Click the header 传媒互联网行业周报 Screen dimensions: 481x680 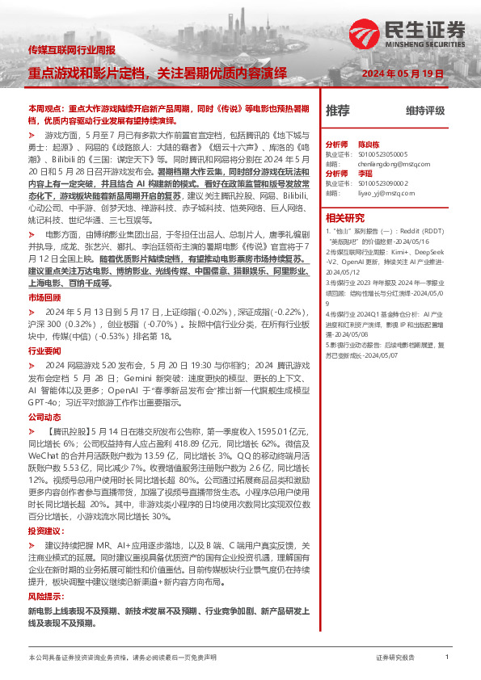point(70,51)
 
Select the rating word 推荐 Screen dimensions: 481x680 point(337,111)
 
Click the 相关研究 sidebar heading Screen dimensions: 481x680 point(345,217)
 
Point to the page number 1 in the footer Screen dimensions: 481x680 point(447,657)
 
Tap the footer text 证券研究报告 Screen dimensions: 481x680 point(395,658)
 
